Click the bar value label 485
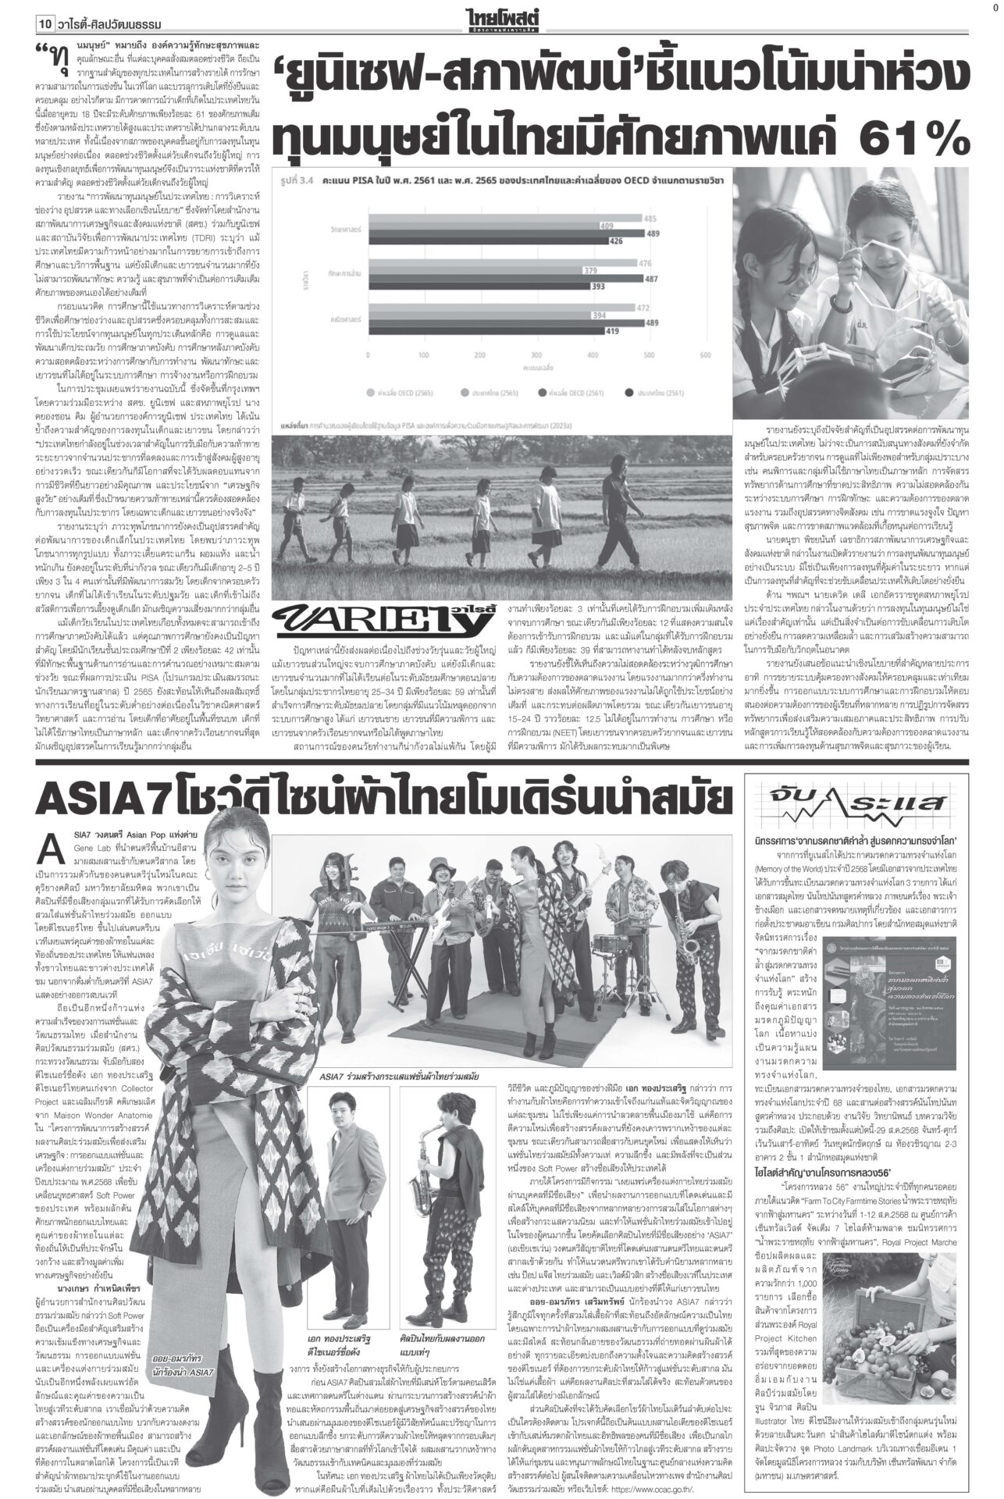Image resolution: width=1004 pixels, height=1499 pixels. coord(649,196)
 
